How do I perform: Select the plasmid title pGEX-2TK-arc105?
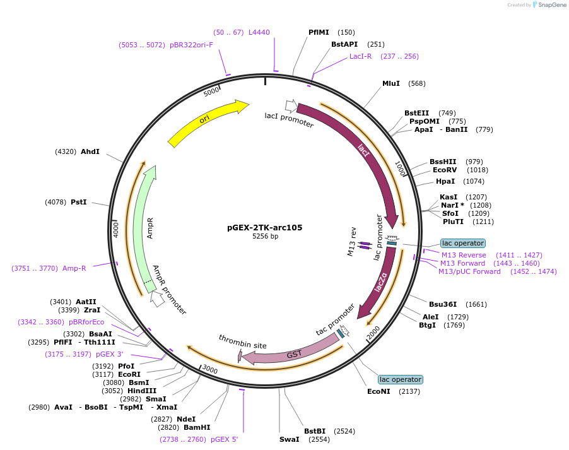coord(265,228)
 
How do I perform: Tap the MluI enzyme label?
coord(391,83)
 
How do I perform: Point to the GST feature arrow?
coord(293,353)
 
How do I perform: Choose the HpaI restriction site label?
coord(445,181)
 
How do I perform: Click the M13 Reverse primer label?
coord(463,255)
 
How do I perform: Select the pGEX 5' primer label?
coord(224,439)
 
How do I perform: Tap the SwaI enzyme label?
coord(290,439)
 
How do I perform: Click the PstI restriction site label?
coord(79,202)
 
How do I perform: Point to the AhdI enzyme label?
coord(90,151)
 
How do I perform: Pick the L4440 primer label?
coord(259,32)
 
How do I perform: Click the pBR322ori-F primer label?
coord(191,45)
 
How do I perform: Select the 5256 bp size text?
coord(265,237)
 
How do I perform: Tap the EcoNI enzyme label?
coord(378,391)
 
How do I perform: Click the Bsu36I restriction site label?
coord(443,304)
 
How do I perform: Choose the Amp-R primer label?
coord(74,268)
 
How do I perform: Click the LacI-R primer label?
coord(360,56)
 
